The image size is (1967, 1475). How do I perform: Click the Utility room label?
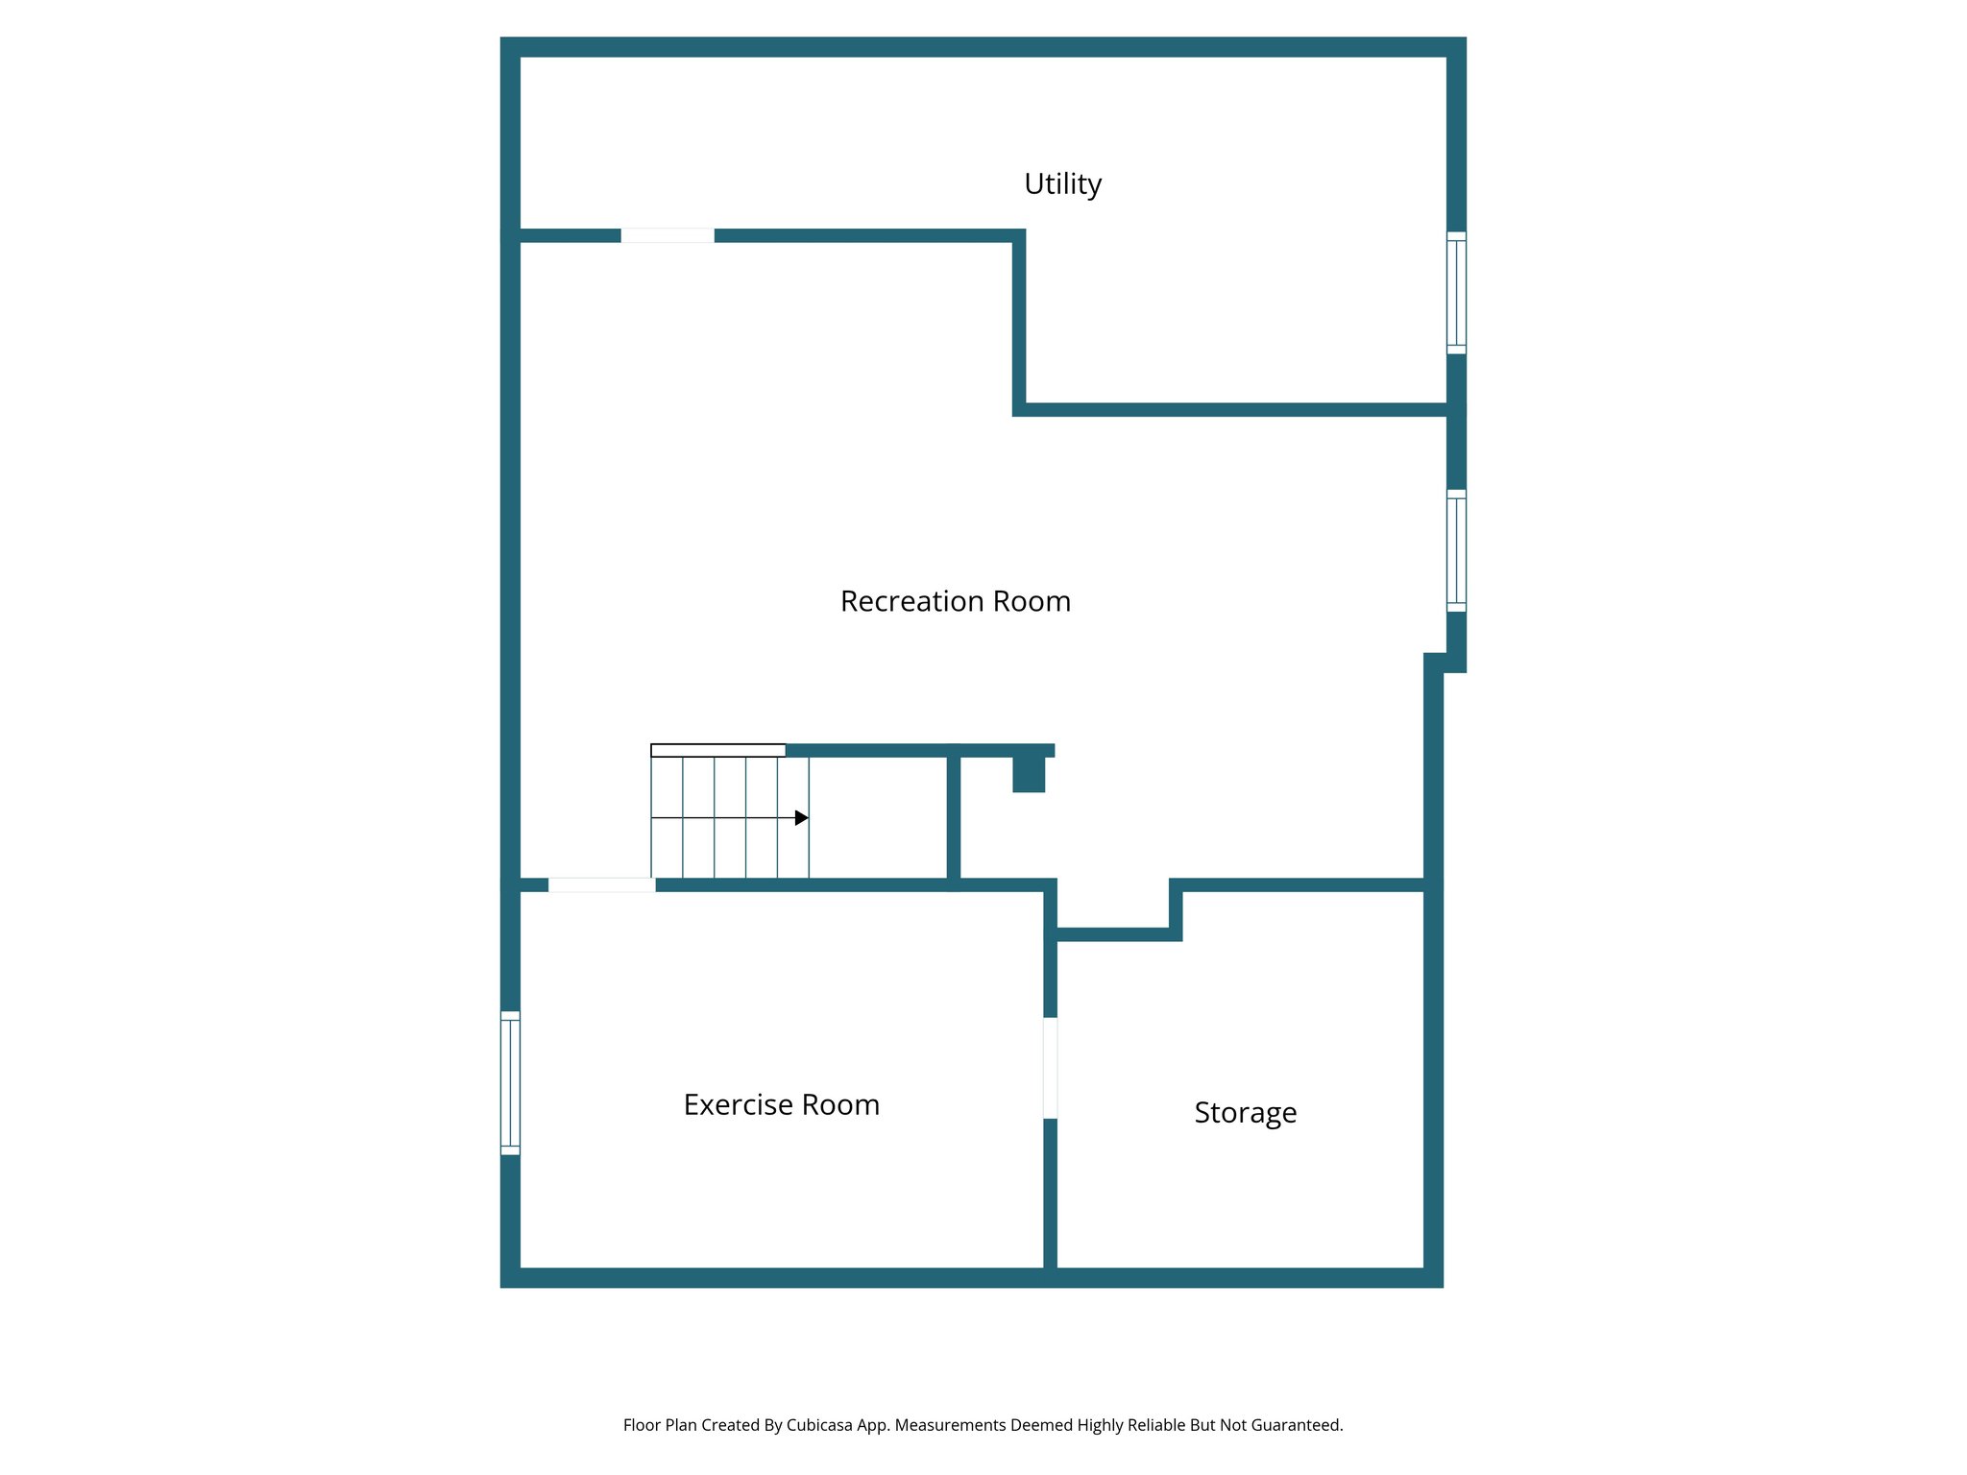(1062, 183)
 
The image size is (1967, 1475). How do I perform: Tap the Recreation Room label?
(955, 601)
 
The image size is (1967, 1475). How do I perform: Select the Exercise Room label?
(781, 1104)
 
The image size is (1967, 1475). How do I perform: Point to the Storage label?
(1245, 1112)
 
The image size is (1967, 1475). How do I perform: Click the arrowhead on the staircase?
(801, 818)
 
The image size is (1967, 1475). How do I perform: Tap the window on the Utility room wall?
(1456, 293)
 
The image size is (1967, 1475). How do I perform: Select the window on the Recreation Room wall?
(1456, 550)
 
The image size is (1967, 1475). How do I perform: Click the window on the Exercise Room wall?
(510, 1082)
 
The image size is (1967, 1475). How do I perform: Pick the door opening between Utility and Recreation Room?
(668, 236)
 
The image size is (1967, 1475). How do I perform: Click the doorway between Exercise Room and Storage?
(1051, 1068)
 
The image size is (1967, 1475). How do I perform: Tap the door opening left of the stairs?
(602, 884)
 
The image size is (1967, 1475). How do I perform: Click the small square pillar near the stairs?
(1029, 774)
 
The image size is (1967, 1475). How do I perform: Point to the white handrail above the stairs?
(718, 750)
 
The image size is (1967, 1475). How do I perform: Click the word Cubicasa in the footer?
(819, 1425)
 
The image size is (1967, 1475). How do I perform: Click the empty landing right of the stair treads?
(878, 817)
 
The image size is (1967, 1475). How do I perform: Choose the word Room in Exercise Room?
(840, 1104)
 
